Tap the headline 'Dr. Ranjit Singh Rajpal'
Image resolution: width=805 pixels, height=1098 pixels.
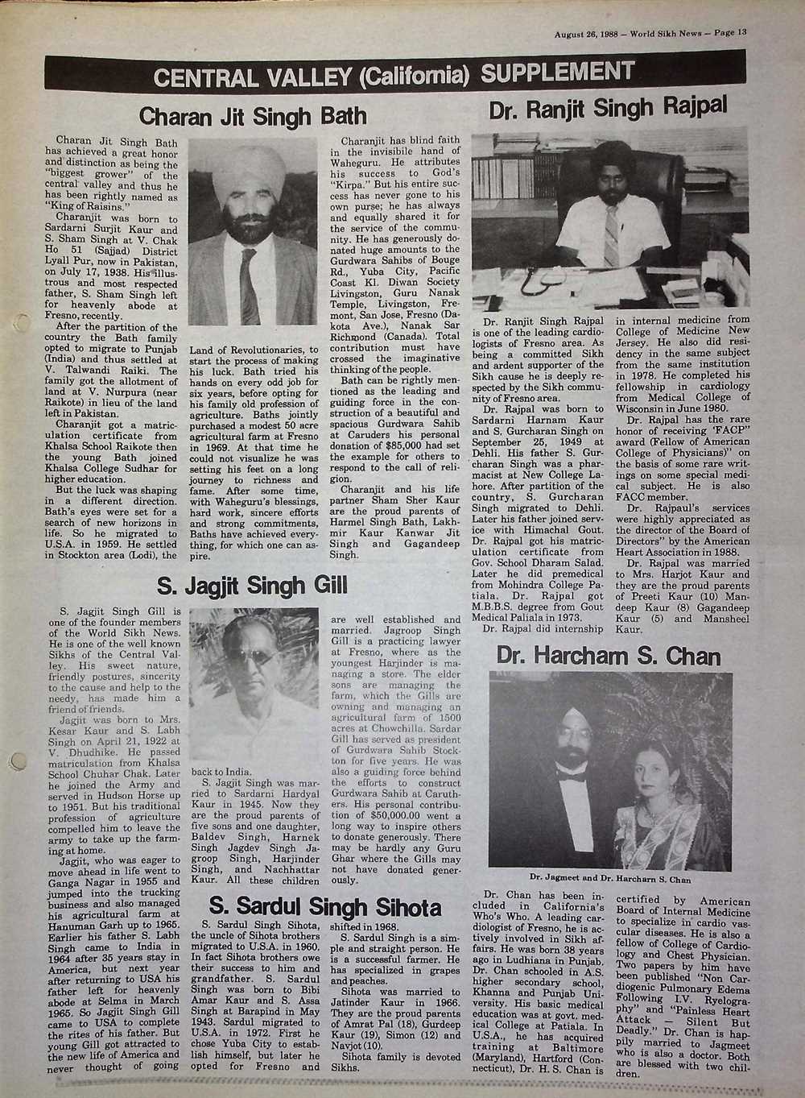pos(609,105)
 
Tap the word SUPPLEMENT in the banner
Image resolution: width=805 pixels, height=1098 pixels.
pos(558,73)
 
